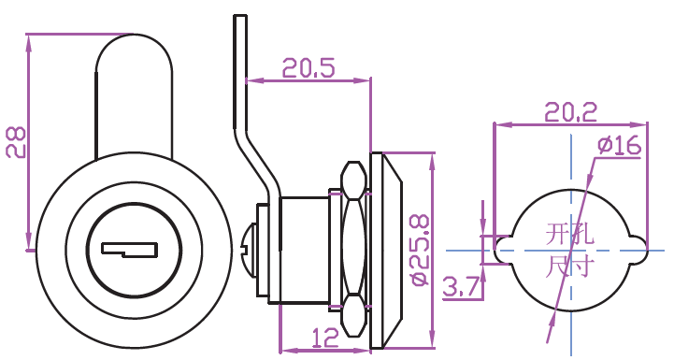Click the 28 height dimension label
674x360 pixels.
click(x=16, y=142)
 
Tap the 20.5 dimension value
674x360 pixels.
click(x=308, y=68)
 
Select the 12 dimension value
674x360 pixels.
click(x=325, y=338)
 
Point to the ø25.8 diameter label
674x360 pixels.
click(x=420, y=251)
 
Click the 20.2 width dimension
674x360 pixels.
click(x=571, y=113)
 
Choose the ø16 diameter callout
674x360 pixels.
click(x=620, y=145)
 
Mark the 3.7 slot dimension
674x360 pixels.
click(x=461, y=287)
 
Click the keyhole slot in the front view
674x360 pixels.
click(x=129, y=251)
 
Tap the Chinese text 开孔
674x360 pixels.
click(x=569, y=235)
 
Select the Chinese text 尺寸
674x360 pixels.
click(x=569, y=266)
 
